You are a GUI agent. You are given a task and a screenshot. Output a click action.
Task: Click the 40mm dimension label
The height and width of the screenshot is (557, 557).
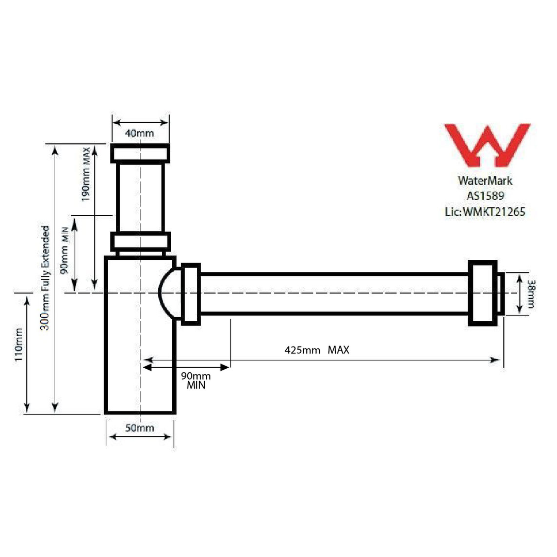click(x=139, y=133)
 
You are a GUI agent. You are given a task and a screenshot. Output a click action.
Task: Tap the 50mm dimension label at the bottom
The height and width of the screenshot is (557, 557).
click(x=139, y=428)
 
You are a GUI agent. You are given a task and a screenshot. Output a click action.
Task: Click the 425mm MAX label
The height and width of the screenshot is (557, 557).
click(x=317, y=350)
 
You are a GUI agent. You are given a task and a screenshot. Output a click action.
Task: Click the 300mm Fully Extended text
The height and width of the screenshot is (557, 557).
click(x=46, y=278)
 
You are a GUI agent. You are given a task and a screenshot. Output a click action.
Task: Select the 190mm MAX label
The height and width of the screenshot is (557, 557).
click(x=86, y=174)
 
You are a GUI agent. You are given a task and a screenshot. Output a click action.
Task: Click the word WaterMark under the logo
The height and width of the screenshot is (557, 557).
click(x=485, y=181)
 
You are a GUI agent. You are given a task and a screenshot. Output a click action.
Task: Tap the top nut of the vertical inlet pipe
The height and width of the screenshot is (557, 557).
click(x=140, y=153)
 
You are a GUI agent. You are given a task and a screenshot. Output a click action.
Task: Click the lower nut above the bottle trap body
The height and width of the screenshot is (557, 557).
click(x=141, y=241)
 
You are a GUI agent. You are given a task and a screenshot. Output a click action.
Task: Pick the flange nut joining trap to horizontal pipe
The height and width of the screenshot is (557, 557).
click(x=191, y=294)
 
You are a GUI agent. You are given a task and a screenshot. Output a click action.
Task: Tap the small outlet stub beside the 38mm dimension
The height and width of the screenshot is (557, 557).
click(x=500, y=293)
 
